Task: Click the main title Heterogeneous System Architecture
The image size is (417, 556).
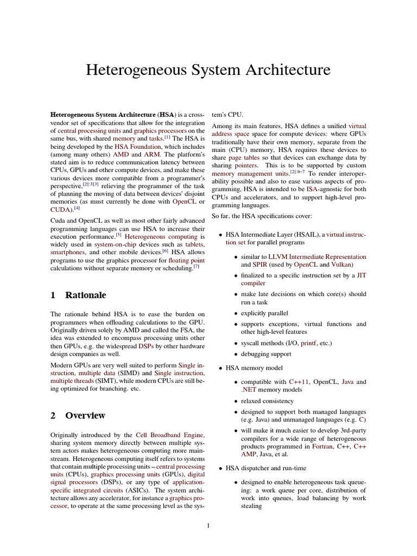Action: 208,69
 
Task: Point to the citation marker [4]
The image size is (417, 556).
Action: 77,207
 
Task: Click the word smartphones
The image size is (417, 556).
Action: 68,252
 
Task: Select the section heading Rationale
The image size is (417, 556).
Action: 85,295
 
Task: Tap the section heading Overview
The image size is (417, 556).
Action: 85,416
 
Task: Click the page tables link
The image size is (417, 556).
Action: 244,157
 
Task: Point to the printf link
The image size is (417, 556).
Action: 308,343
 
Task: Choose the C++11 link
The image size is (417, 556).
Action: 299,382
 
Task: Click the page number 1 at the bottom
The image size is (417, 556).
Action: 208,525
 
